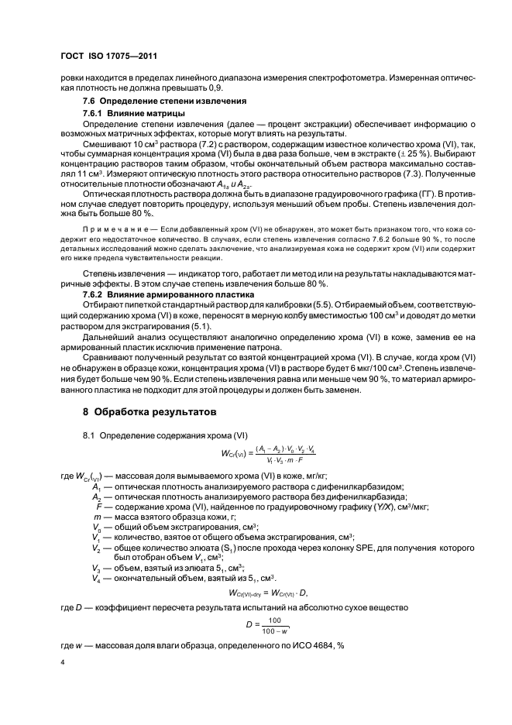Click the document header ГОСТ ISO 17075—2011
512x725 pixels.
[109, 57]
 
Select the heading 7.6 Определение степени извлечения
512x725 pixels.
[165, 102]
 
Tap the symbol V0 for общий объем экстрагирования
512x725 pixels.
[96, 527]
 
